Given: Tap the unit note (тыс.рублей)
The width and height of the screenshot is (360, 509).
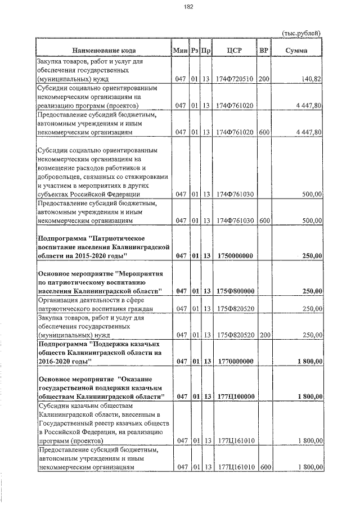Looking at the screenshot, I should [x=301, y=33].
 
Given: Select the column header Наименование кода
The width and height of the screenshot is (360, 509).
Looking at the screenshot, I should [x=102, y=51].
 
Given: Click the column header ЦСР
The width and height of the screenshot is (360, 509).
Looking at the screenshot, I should [x=234, y=51].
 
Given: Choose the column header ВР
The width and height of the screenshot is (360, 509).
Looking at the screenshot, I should [x=263, y=51].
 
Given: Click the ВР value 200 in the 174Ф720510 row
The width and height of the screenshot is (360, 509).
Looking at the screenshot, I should [x=264, y=79].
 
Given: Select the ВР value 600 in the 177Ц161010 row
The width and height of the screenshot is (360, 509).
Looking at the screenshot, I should [x=266, y=467].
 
